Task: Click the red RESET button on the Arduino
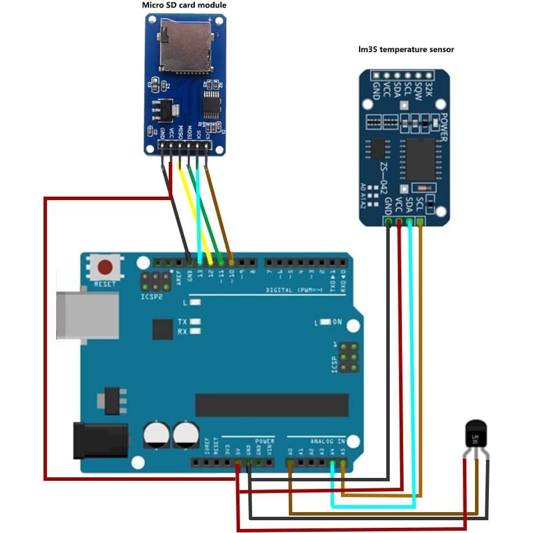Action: pyautogui.click(x=105, y=268)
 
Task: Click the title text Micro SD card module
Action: pyautogui.click(x=184, y=5)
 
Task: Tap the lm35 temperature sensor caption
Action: pyautogui.click(x=406, y=49)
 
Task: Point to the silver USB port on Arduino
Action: pyautogui.click(x=87, y=315)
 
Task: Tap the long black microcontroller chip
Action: pyautogui.click(x=271, y=405)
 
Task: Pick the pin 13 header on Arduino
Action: pyautogui.click(x=200, y=262)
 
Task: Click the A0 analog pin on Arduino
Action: pyautogui.click(x=290, y=463)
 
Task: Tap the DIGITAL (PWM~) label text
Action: pyautogui.click(x=295, y=289)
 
